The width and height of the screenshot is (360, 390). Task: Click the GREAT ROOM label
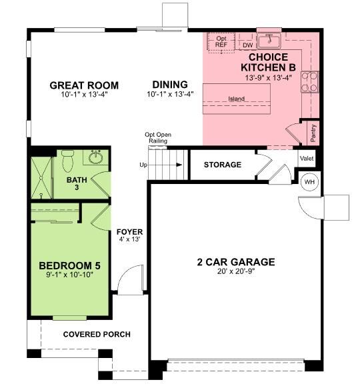(84, 85)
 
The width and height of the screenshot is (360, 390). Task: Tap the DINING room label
(170, 85)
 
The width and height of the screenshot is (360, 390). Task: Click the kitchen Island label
(236, 99)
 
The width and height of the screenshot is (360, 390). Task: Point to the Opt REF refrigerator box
(221, 42)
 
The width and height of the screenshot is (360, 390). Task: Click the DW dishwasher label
(247, 45)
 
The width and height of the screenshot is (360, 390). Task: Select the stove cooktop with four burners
(310, 81)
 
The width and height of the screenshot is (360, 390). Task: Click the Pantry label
(313, 133)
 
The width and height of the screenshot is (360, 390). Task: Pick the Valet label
(307, 159)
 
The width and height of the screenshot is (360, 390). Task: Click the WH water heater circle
(310, 181)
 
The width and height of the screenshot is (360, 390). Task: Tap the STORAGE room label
(222, 165)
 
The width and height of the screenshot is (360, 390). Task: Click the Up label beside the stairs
(143, 165)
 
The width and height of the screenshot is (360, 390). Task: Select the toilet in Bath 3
(67, 161)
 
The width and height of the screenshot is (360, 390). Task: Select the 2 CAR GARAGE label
(236, 262)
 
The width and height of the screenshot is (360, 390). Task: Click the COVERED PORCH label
(97, 334)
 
